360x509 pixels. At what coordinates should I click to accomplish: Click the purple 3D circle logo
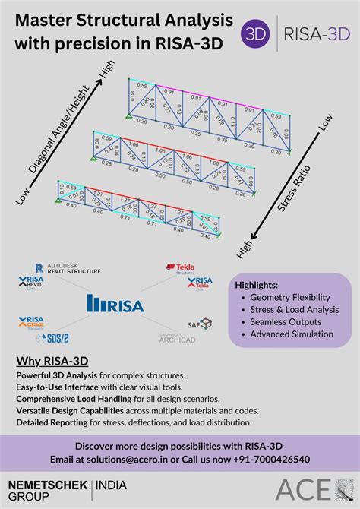pos(255,34)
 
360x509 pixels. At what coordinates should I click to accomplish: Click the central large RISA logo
pos(118,304)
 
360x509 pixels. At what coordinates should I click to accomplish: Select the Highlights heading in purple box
pos(257,285)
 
